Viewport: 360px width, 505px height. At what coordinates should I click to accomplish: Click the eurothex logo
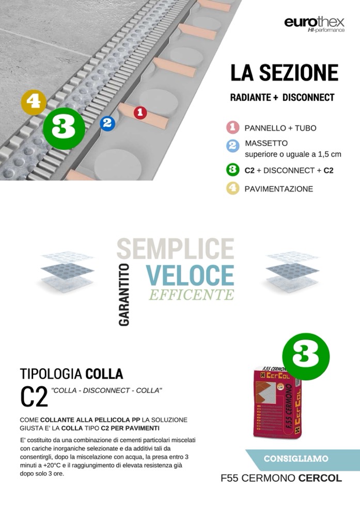click(x=314, y=24)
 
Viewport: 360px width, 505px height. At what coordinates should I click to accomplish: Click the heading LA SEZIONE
click(x=284, y=73)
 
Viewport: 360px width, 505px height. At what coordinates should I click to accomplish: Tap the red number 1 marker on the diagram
click(x=140, y=113)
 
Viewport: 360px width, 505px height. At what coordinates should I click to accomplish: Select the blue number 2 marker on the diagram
click(x=107, y=123)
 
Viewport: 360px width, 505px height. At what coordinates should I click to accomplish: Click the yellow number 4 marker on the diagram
click(x=34, y=102)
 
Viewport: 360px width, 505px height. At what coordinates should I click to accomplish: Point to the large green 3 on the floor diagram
click(x=64, y=128)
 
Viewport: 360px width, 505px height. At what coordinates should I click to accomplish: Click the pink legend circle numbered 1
click(x=232, y=128)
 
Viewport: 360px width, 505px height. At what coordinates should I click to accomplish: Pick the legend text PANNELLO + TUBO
click(x=280, y=128)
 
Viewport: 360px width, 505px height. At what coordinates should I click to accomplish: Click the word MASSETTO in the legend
click(x=266, y=143)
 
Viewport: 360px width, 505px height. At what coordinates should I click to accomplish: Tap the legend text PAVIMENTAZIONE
click(x=279, y=189)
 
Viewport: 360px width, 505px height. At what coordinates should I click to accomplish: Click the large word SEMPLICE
click(x=175, y=249)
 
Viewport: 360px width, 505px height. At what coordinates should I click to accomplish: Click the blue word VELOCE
click(x=190, y=275)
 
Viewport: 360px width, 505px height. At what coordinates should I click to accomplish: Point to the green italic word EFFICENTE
click(x=192, y=295)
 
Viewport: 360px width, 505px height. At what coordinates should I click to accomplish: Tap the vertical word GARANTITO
click(x=124, y=295)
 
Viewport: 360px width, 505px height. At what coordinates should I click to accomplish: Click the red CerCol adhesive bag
click(x=277, y=403)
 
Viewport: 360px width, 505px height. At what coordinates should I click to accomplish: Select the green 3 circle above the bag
click(x=306, y=356)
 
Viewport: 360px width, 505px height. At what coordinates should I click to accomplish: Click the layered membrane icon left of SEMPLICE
click(x=67, y=271)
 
